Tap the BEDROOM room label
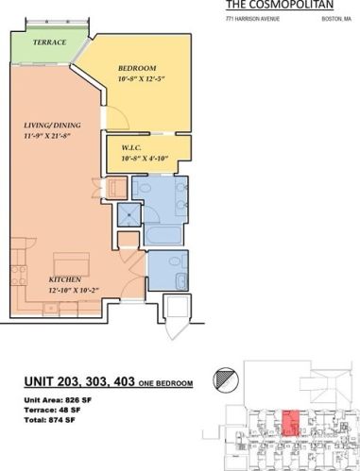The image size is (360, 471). click(x=137, y=68)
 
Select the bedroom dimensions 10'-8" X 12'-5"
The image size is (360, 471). click(x=143, y=79)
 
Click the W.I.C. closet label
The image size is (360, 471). click(x=133, y=146)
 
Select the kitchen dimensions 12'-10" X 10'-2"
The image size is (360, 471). click(x=74, y=291)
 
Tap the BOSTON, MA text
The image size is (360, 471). click(x=335, y=18)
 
